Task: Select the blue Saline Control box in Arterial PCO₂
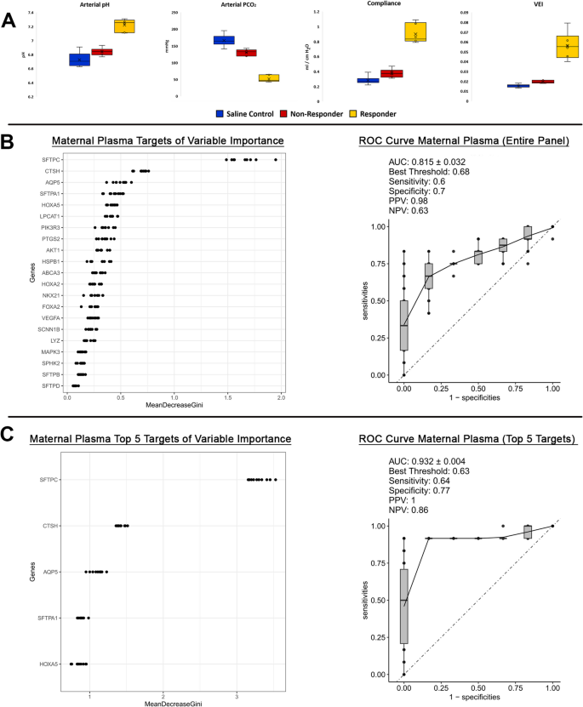pos(224,40)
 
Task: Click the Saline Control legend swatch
pos(220,113)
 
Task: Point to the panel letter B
pos(10,140)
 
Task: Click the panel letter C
pos(10,436)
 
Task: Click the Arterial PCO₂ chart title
pos(225,5)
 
